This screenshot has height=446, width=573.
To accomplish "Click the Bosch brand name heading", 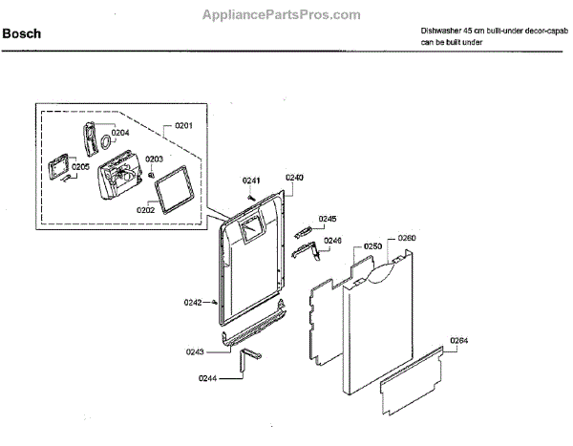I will (22, 35).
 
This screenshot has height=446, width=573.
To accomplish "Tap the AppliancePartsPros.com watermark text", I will (282, 15).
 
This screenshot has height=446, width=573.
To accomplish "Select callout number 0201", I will (183, 126).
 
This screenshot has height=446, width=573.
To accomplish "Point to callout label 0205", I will (80, 167).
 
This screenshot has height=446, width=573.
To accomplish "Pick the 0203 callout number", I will (154, 159).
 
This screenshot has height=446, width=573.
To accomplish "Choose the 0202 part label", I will (146, 209).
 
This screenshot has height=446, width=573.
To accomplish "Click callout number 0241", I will (250, 181).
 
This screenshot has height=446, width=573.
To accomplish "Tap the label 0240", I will (294, 178).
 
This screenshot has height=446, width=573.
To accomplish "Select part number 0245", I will (328, 219).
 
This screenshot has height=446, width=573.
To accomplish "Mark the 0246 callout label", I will (332, 241).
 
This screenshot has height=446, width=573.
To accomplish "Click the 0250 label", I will (372, 246).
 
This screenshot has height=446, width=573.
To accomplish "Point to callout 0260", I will (407, 238).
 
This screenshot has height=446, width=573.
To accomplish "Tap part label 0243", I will (195, 352).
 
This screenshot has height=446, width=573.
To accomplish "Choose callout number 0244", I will (207, 379).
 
